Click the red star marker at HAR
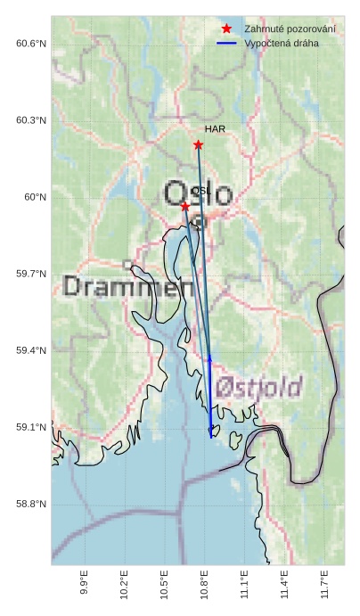[x=198, y=144]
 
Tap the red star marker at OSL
[x=185, y=206]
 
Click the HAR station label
[x=215, y=129]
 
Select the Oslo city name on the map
[x=198, y=193]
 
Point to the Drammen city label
[x=129, y=287]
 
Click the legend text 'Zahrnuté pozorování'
[x=290, y=29]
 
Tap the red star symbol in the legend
[x=227, y=29]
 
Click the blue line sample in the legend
[x=227, y=43]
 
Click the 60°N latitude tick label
[x=35, y=197]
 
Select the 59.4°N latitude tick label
[x=31, y=351]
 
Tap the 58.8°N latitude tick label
[x=31, y=505]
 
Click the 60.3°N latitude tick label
[x=31, y=120]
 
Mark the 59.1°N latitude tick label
[x=31, y=428]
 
